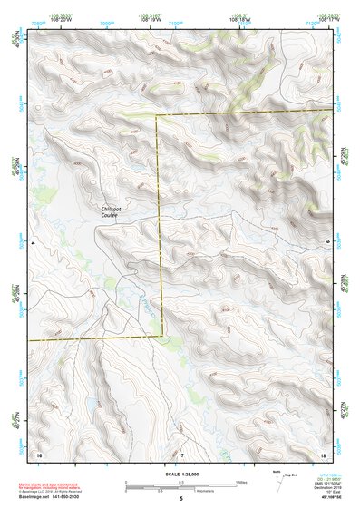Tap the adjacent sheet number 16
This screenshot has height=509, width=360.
pyautogui.click(x=38, y=452)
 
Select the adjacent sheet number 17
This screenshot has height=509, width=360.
pyautogui.click(x=180, y=452)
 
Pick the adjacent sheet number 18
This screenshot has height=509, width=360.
pyautogui.click(x=322, y=452)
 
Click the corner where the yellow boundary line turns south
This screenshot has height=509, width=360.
pyautogui.click(x=158, y=116)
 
